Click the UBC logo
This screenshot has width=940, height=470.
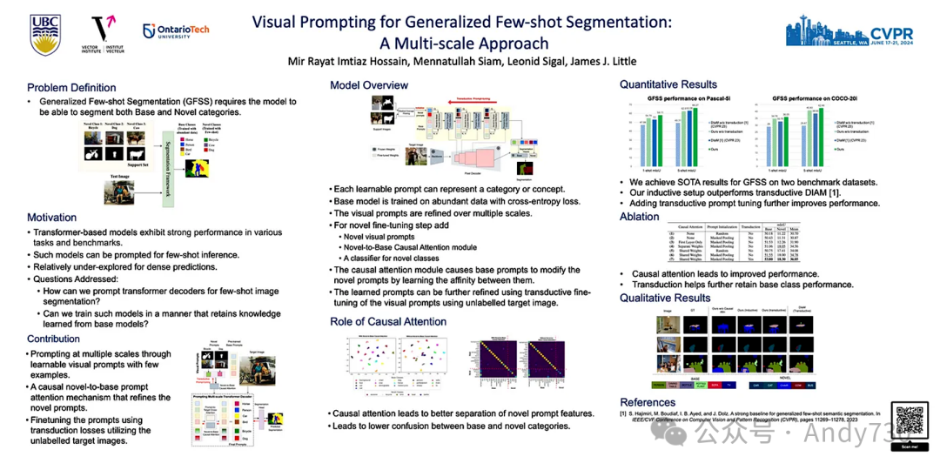coord(45,35)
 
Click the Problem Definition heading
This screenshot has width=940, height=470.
coord(71,88)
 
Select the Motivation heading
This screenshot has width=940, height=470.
coord(51,218)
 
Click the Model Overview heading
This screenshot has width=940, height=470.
coord(369,85)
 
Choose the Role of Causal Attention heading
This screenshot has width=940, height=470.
coord(388,322)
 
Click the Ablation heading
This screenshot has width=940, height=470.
coord(639,217)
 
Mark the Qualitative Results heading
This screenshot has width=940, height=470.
coord(665,298)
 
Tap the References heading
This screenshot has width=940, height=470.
coord(648,402)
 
